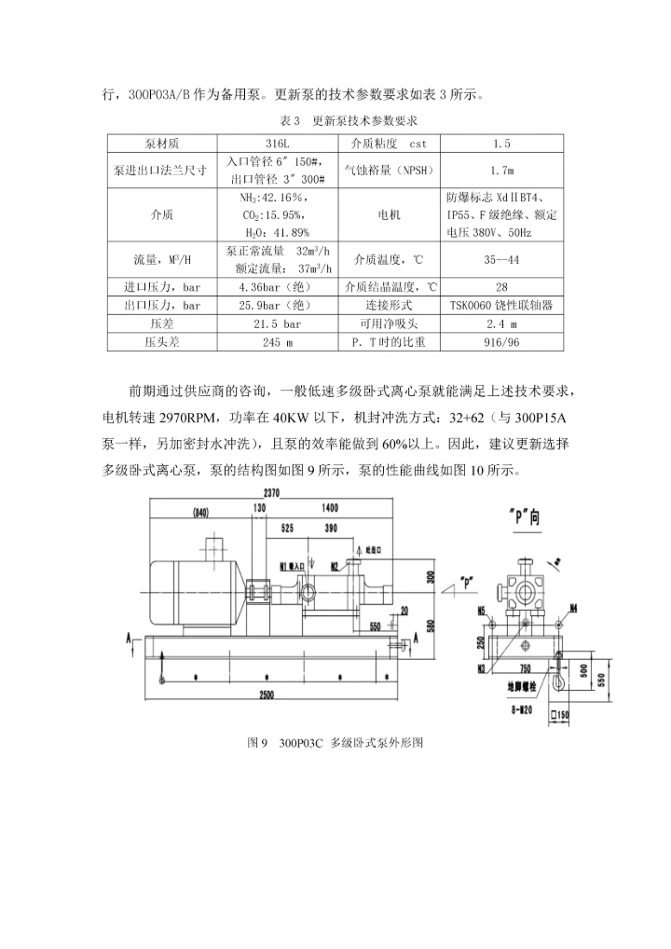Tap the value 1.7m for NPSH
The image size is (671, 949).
501,172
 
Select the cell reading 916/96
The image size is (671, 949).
501,342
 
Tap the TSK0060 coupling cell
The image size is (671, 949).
501,305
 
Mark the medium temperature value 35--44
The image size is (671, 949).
501,259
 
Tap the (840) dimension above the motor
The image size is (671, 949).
201,513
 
